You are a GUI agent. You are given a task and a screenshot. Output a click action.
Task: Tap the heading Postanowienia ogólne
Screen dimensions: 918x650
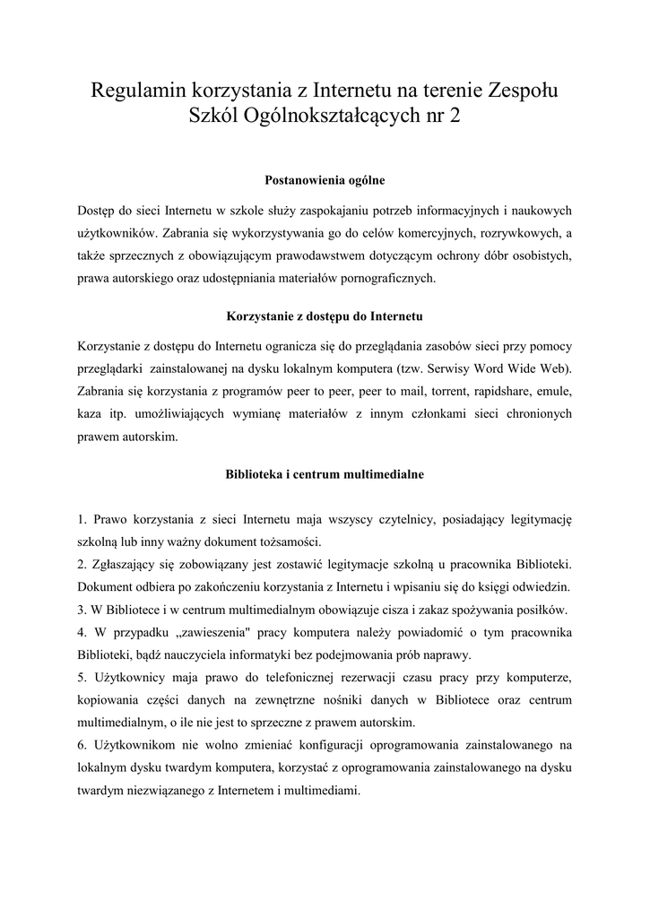325,181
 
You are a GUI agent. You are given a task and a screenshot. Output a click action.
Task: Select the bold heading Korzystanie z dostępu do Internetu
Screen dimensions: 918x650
325,317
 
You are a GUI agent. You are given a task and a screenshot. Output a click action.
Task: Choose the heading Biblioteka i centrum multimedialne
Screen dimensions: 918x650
325,474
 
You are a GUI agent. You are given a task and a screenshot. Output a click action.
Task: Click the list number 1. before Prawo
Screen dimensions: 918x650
82,519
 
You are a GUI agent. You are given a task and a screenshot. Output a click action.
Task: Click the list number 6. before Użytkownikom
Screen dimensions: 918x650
82,745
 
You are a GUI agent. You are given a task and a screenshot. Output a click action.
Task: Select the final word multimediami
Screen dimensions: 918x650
316,790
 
